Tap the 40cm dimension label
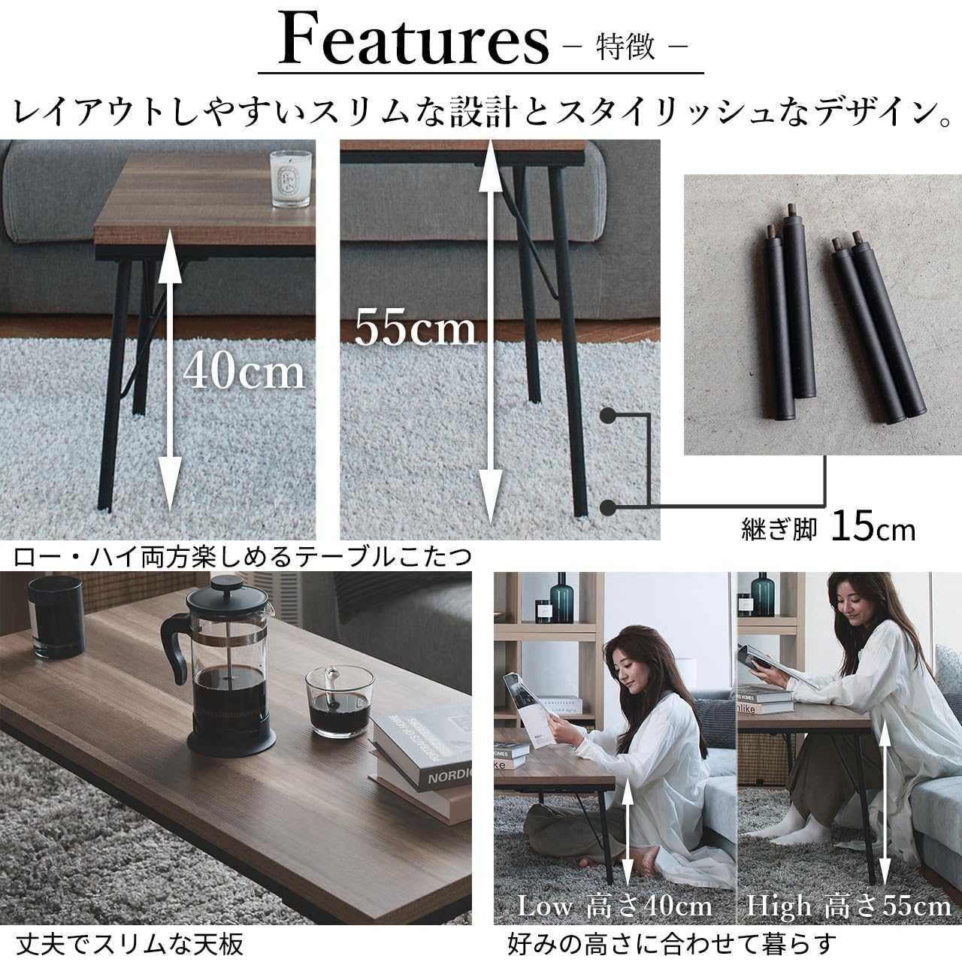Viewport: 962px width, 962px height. [x=244, y=371]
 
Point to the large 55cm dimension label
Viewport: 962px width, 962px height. [x=415, y=328]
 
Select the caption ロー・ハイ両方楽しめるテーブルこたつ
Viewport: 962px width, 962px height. [x=242, y=557]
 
